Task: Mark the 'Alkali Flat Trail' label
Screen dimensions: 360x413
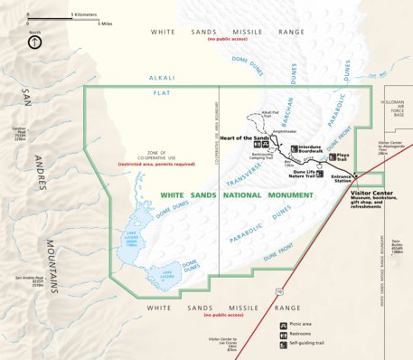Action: [x=271, y=114]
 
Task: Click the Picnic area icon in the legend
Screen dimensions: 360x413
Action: [x=283, y=324]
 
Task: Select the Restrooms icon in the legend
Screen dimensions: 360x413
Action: [x=283, y=334]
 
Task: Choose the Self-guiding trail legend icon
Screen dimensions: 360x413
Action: [x=283, y=345]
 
